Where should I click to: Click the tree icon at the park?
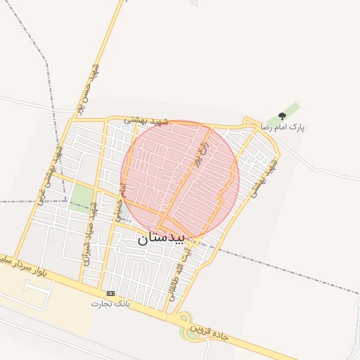click(282, 116)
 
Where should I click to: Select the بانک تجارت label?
click(110, 304)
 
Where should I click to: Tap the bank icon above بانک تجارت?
click(110, 293)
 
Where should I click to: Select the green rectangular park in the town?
click(82, 198)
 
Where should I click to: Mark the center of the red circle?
click(181, 179)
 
